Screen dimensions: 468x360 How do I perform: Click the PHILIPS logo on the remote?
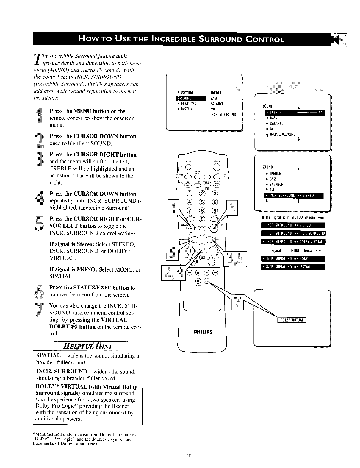click(203, 332)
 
